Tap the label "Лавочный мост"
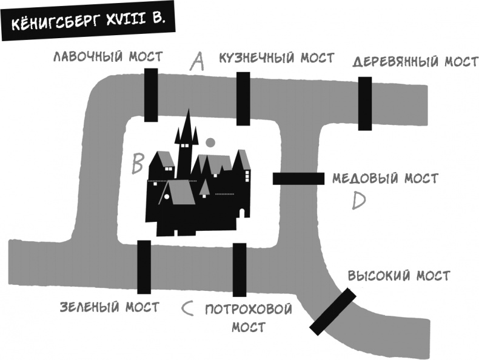point(107,57)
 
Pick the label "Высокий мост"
point(399,276)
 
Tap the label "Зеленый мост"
point(109,307)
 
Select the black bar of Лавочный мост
point(151,95)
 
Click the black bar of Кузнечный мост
point(243,98)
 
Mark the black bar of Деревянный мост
point(364,103)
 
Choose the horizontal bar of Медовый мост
point(298,178)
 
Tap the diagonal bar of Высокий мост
point(332,311)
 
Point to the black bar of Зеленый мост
point(144,267)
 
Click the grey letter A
point(196,61)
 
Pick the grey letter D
point(359,200)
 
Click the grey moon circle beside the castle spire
point(210,143)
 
